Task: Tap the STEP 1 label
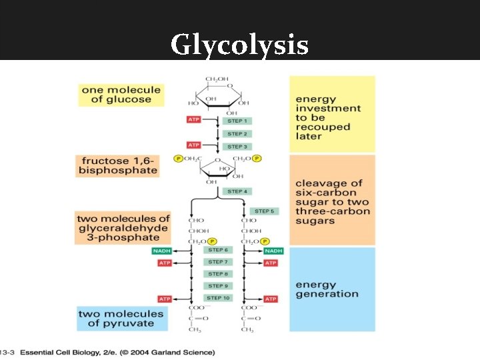tap(237, 121)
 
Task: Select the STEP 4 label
tap(237, 191)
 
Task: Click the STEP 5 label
tap(264, 211)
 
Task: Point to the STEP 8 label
tap(217, 274)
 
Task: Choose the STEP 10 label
tap(217, 298)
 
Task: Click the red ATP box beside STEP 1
tap(194, 120)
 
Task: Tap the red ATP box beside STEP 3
tap(194, 145)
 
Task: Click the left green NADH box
tap(163, 251)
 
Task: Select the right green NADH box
tap(273, 251)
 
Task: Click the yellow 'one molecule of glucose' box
tap(121, 95)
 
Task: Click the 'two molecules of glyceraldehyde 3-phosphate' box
tap(123, 227)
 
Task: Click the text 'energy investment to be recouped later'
tap(328, 118)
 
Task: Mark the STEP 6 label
tap(217, 250)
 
